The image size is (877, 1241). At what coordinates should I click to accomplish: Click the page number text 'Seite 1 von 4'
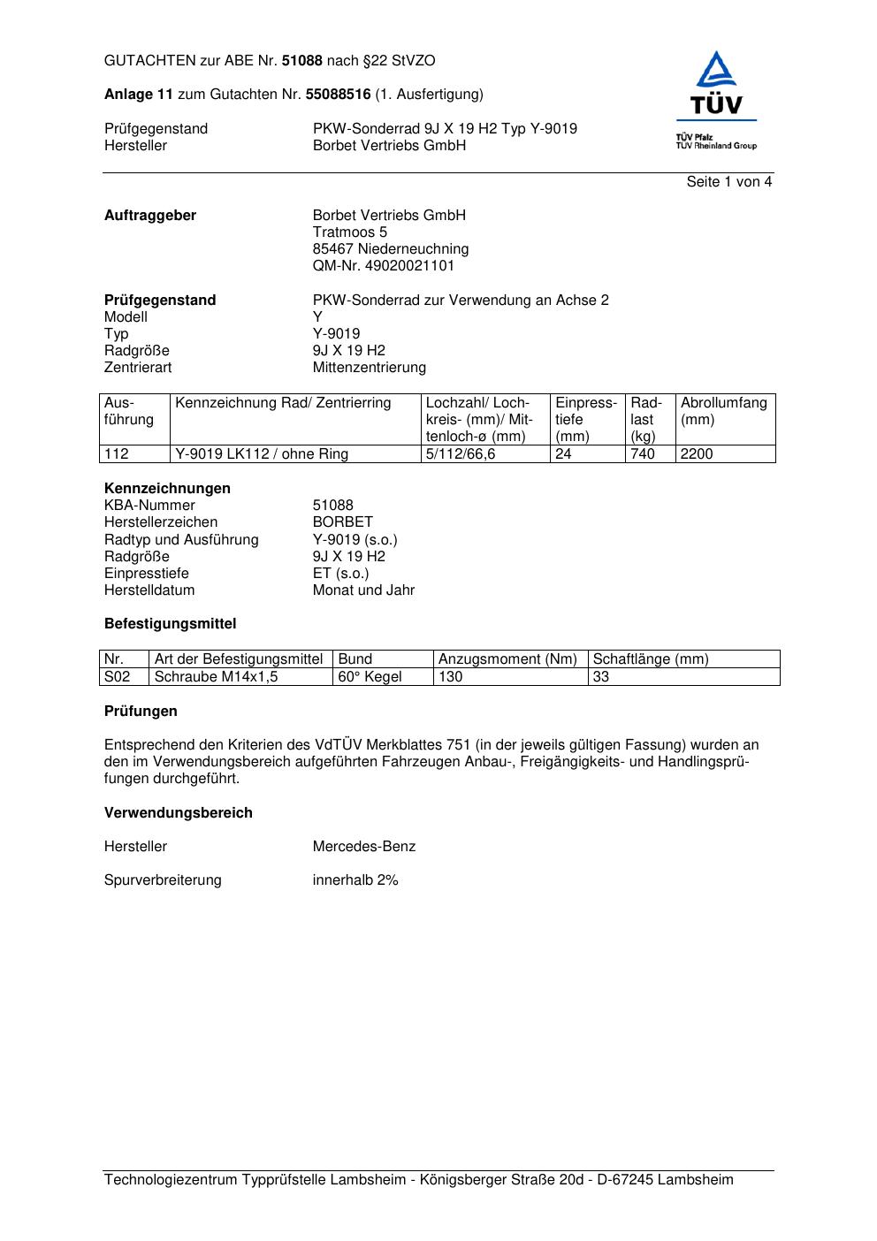pyautogui.click(x=728, y=182)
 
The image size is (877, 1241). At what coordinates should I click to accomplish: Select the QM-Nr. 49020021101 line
pyautogui.click(x=383, y=266)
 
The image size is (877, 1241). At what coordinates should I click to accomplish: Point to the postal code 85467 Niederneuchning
pyautogui.click(x=390, y=249)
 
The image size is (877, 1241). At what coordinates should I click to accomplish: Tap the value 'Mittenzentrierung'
pyautogui.click(x=369, y=368)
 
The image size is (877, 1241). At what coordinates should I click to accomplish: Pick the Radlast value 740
pyautogui.click(x=643, y=454)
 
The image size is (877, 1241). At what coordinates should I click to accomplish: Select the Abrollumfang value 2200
pyautogui.click(x=697, y=454)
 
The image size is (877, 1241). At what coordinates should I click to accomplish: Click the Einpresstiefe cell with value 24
pyautogui.click(x=563, y=454)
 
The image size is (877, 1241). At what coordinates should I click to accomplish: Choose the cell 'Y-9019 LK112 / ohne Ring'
pyautogui.click(x=262, y=454)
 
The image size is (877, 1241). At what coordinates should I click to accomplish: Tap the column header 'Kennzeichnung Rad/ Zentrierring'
pyautogui.click(x=283, y=403)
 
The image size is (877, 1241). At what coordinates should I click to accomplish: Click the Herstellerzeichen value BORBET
pyautogui.click(x=342, y=522)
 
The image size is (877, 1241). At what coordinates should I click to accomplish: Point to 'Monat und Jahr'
pyautogui.click(x=363, y=590)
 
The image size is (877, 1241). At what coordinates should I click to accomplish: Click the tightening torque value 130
pyautogui.click(x=451, y=677)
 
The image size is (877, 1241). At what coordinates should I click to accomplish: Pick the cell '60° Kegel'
pyautogui.click(x=370, y=677)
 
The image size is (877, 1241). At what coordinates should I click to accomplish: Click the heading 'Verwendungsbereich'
pyautogui.click(x=178, y=813)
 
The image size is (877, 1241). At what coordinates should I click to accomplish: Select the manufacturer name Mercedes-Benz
pyautogui.click(x=363, y=847)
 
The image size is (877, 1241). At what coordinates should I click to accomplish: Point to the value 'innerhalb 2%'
pyautogui.click(x=355, y=880)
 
